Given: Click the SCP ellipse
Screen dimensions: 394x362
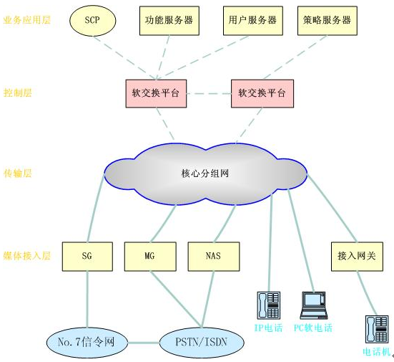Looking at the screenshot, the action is click(x=93, y=21).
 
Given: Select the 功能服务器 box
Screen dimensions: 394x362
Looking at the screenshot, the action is click(x=169, y=21).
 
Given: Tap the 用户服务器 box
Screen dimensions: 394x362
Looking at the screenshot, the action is click(x=253, y=21).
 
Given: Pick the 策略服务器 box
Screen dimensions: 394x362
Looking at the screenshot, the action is click(x=327, y=21).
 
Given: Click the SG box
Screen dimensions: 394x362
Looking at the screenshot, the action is click(x=87, y=257).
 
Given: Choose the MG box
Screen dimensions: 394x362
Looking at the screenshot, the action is click(x=150, y=257).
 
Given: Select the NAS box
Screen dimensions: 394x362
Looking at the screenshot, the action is click(x=214, y=257).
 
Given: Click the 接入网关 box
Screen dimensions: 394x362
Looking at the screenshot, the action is click(x=357, y=257).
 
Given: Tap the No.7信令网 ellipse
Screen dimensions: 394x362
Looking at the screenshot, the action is click(x=87, y=343).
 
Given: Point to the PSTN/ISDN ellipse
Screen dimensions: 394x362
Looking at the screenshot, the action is click(x=202, y=343).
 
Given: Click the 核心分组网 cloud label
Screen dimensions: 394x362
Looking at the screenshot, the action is click(x=205, y=173).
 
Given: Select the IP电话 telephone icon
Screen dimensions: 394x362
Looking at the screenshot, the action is click(x=269, y=305).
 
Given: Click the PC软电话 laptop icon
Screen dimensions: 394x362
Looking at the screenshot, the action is click(x=314, y=305).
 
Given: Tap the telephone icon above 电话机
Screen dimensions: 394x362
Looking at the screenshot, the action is click(x=377, y=329).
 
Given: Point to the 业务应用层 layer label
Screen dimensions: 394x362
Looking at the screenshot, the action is click(x=27, y=20).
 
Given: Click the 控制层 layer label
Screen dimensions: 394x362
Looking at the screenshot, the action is click(x=18, y=92).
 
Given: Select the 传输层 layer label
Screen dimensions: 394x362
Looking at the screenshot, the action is click(x=18, y=173).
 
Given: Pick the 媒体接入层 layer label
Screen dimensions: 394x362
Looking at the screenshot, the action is click(x=27, y=256).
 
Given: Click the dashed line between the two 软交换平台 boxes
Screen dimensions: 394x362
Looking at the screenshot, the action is click(x=209, y=94).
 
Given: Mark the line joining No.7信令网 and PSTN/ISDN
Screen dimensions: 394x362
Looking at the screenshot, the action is click(x=144, y=343).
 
